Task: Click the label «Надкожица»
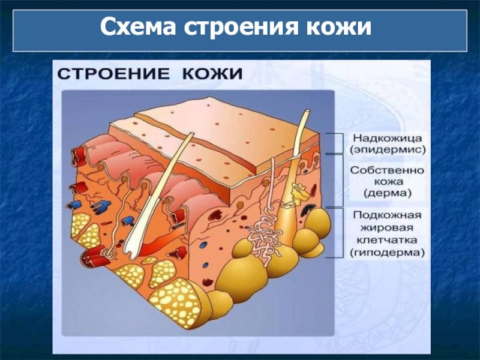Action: (386, 137)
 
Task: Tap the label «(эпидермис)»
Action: (386, 148)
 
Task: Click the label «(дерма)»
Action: (387, 193)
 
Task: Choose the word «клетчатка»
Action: (387, 241)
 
